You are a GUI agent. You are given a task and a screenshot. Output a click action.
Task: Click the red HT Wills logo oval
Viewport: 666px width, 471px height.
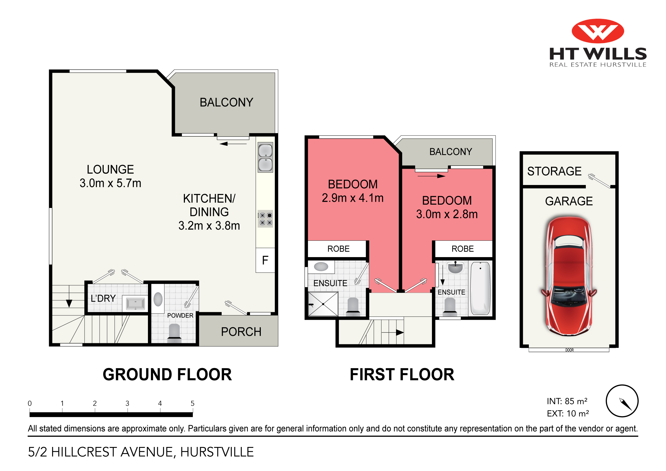tap(597, 31)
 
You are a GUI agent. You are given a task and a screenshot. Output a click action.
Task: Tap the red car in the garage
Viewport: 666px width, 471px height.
tap(569, 276)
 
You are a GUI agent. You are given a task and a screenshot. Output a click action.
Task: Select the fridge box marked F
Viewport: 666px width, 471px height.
tap(265, 260)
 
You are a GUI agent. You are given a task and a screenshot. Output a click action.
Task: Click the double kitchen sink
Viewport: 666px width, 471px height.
tap(265, 157)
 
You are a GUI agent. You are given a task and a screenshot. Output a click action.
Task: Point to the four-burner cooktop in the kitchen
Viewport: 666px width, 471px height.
tap(265, 219)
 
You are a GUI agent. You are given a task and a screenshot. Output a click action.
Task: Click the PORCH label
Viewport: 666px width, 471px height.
tap(241, 332)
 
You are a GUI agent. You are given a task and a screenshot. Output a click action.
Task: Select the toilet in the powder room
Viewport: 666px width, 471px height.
tap(174, 332)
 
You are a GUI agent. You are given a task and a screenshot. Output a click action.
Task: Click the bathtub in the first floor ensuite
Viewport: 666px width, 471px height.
tap(480, 288)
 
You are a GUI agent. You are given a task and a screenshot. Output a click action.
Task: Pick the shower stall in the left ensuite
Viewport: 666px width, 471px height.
tap(323, 304)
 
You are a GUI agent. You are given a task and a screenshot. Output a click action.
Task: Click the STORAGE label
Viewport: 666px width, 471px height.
tap(554, 171)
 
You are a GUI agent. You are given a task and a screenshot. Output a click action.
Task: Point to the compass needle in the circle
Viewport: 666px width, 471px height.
tap(626, 404)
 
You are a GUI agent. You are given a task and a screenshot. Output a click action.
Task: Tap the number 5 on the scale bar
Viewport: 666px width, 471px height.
tap(192, 403)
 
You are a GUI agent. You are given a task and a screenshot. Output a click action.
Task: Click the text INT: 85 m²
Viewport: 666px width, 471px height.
tap(567, 401)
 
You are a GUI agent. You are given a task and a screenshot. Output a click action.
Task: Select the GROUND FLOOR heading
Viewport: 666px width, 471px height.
tap(167, 374)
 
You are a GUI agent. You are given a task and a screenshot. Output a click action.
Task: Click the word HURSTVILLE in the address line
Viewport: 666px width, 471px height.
tap(217, 452)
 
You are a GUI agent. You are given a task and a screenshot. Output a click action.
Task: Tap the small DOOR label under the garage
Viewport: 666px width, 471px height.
tap(569, 350)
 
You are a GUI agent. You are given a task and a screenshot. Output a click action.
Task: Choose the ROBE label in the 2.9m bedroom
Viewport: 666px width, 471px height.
tap(338, 249)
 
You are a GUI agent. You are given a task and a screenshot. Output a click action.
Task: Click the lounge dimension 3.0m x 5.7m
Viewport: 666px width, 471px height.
tap(110, 183)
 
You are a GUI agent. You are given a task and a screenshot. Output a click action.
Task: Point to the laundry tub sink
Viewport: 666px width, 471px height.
tap(135, 304)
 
